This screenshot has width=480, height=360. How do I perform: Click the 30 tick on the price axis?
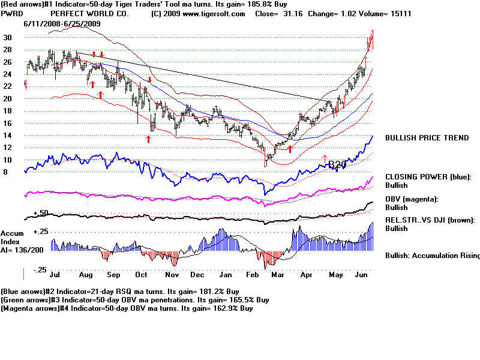[x=8, y=37]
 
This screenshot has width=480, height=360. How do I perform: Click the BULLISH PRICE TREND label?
[x=427, y=138]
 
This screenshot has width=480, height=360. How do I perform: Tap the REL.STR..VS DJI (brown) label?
[x=430, y=220]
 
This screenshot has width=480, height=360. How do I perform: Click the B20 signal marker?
[x=337, y=164]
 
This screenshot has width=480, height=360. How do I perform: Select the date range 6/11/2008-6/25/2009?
[x=62, y=23]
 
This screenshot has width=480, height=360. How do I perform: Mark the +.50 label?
[x=41, y=213]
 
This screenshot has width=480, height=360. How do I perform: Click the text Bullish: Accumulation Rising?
[x=432, y=256]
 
